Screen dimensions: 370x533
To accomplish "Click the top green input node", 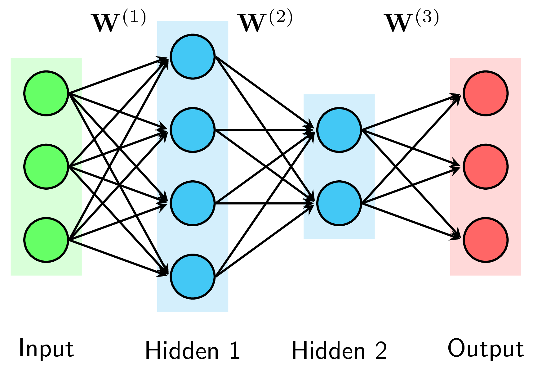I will pos(46,93).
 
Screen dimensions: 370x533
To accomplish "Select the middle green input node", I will pos(46,166).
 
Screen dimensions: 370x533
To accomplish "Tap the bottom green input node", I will pos(46,240).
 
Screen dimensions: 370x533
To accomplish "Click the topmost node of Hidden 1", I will pos(193,56).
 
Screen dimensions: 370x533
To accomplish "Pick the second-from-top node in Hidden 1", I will pos(193,130).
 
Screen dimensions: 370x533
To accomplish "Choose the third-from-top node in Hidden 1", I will pos(193,203).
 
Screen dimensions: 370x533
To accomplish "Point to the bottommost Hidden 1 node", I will pos(193,276).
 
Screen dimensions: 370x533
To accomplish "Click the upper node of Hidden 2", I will pos(339,130).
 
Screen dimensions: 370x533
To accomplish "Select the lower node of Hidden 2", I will pos(339,203).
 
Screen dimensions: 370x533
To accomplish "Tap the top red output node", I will pos(485,93).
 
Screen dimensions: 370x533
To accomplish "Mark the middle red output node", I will pos(485,166).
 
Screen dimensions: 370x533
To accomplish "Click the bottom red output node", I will pos(485,240).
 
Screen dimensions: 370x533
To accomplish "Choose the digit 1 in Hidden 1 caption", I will pos(234,350).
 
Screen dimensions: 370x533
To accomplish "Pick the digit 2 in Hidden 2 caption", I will pos(381,350).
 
